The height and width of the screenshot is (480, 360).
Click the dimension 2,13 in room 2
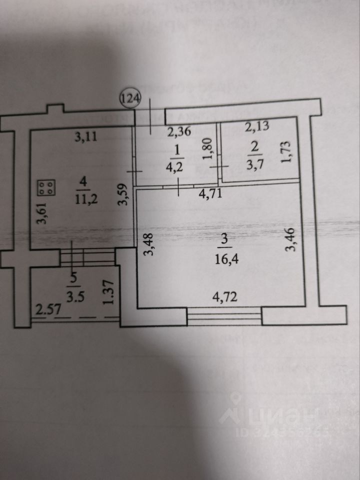[259, 126]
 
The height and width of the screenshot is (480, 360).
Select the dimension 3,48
[148, 245]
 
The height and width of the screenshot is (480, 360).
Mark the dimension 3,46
[289, 240]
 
